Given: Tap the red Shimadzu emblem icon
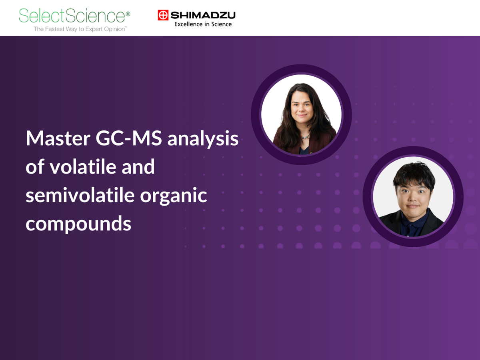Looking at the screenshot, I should pos(163,16).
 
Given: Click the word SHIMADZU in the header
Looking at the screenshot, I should pos(203,16).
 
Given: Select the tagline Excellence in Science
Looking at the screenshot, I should pos(203,24).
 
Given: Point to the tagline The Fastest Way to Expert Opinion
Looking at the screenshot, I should pos(80,29).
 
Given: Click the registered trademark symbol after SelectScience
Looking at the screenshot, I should pos(128,14).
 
